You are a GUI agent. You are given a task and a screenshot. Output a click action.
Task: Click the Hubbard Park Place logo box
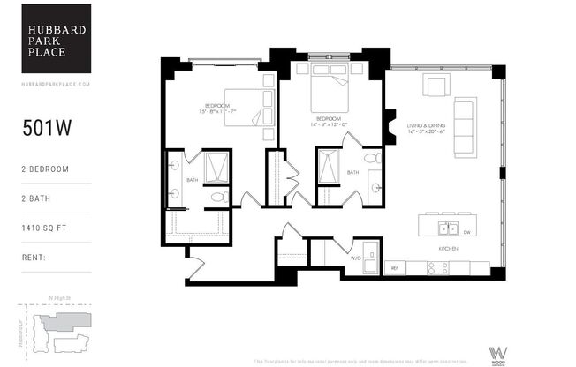pos(56,38)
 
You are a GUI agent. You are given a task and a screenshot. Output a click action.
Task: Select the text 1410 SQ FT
pos(46,228)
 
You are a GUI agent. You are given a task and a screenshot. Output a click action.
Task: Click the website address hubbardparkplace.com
pos(56,84)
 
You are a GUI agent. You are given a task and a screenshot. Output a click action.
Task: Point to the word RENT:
pos(34,258)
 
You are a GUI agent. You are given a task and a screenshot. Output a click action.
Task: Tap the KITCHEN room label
pos(448,250)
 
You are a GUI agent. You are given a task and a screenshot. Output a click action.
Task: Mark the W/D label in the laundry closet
pos(356,258)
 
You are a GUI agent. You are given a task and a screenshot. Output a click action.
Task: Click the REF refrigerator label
pos(395,266)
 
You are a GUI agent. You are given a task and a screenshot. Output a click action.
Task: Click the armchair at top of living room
pos(435,86)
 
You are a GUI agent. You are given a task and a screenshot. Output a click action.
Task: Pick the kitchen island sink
pos(447,228)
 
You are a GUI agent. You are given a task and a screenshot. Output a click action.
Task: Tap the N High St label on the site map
pos(59,298)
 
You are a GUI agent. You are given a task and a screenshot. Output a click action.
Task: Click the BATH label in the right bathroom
pos(352,172)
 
